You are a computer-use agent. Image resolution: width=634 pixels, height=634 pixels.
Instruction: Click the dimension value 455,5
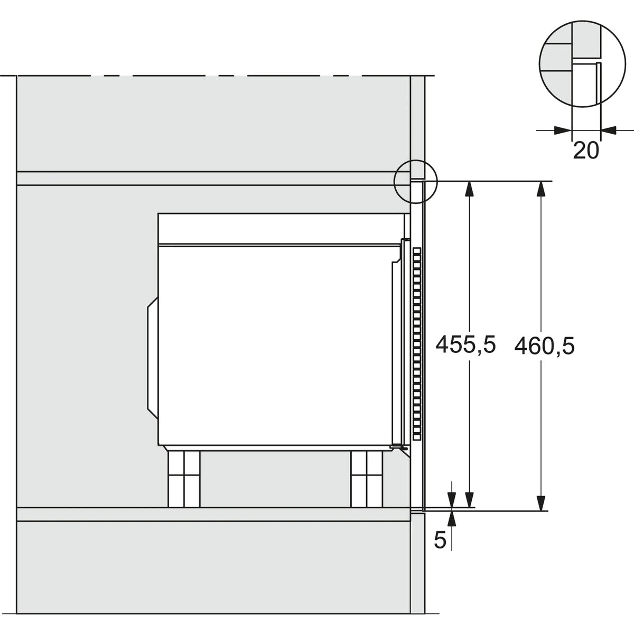pos(465,345)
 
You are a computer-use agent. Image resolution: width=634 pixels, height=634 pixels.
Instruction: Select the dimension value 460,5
pos(544,346)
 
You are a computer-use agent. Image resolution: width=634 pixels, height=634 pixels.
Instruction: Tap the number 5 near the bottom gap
pos(440,539)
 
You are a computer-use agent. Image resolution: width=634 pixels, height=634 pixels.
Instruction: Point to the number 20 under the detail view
pos(586,151)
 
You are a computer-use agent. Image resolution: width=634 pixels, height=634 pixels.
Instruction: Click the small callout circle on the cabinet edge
pos(416,180)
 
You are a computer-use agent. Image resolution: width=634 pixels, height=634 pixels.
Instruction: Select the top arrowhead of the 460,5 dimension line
pos(540,188)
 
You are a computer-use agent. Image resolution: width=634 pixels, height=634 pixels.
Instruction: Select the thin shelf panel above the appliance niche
pos(211,179)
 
